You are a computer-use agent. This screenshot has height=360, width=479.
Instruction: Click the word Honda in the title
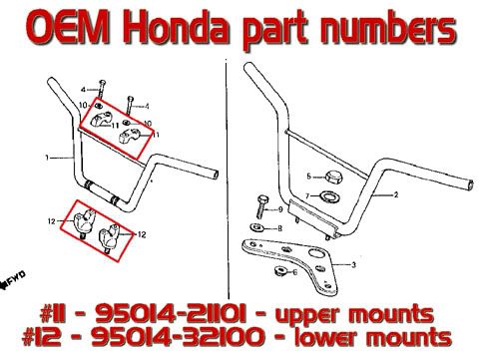(x=178, y=29)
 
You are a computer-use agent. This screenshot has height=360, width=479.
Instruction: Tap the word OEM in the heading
(x=68, y=29)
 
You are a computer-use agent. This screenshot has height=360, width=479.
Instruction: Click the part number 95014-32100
(x=179, y=337)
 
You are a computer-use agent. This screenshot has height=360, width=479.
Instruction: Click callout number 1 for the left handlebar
(x=47, y=158)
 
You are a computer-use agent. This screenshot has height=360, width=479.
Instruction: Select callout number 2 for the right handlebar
(x=396, y=194)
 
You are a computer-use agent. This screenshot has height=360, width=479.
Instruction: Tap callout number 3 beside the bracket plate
(x=353, y=265)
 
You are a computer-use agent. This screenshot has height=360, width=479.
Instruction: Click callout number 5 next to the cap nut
(x=308, y=177)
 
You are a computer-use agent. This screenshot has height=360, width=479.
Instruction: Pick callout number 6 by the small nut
(x=294, y=272)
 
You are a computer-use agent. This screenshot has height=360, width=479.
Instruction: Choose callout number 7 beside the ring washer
(x=307, y=196)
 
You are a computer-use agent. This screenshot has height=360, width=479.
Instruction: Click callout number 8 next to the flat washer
(x=279, y=228)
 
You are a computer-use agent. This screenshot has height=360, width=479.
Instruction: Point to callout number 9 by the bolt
(x=280, y=209)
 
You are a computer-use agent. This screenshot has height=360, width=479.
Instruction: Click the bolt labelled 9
(x=261, y=206)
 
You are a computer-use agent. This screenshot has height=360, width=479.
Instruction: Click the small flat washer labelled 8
(x=256, y=228)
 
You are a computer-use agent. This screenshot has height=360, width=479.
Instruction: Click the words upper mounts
(x=355, y=315)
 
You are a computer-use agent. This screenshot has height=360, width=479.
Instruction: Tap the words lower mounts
(x=373, y=337)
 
